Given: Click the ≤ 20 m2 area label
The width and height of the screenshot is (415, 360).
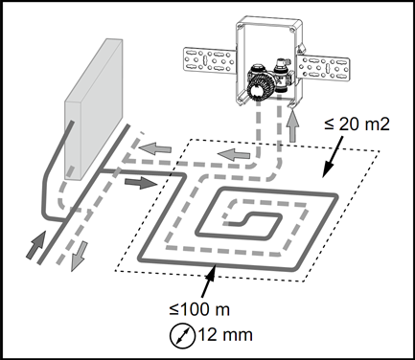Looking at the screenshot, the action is click(x=357, y=124).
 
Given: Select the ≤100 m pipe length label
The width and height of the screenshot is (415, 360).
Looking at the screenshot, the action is click(x=199, y=309).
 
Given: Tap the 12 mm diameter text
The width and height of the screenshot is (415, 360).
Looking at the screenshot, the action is click(x=225, y=335).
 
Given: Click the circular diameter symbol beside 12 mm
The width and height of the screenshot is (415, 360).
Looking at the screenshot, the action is click(x=182, y=336).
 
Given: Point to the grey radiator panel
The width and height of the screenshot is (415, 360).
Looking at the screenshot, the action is click(x=94, y=108).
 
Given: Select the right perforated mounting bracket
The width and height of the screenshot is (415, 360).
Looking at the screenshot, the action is click(x=323, y=67).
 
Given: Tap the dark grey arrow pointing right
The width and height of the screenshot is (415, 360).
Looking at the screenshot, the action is click(x=140, y=183).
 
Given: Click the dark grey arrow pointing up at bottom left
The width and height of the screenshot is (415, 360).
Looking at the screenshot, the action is click(x=35, y=244).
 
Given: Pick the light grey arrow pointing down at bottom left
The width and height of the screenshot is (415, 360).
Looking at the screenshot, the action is click(x=79, y=257).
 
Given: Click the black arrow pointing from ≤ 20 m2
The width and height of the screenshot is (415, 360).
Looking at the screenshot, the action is click(x=333, y=156).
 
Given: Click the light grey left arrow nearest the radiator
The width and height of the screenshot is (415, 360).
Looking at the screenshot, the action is click(x=154, y=148).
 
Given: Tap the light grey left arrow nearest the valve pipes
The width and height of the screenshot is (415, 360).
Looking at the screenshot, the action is click(x=234, y=155).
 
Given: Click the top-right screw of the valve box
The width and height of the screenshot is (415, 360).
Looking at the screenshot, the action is click(x=292, y=31).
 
